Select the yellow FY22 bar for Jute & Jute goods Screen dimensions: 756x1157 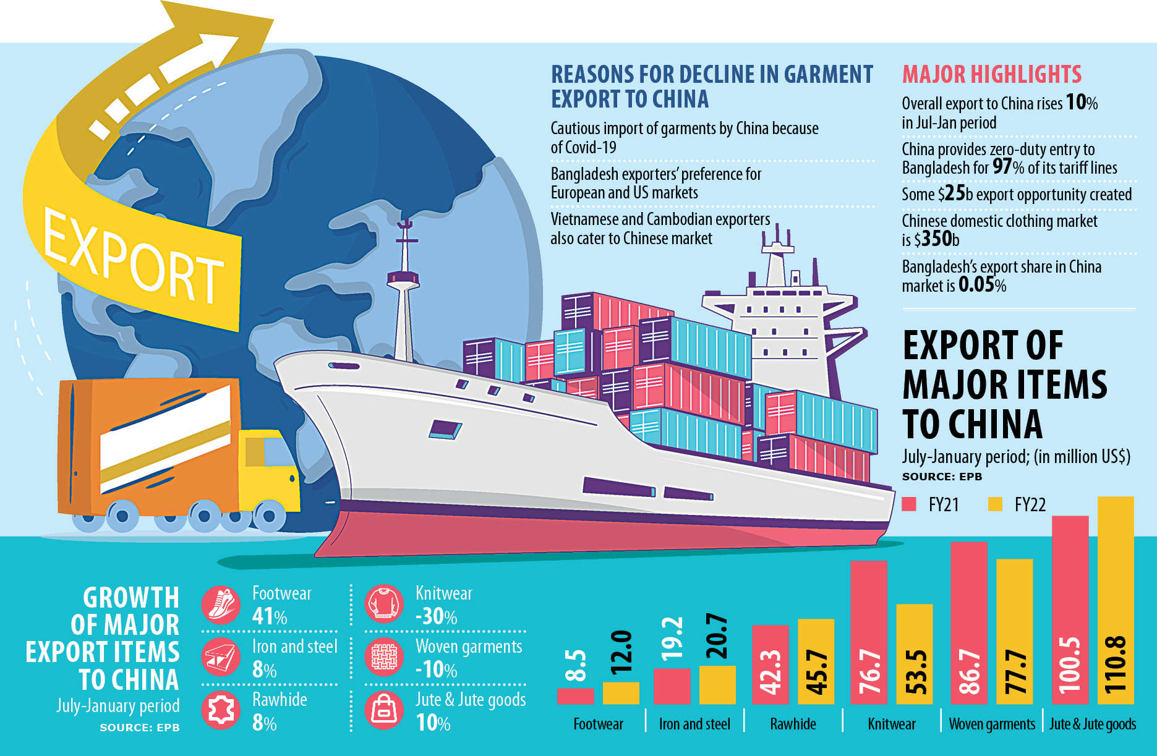[1116, 600]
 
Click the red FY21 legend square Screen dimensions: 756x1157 [908, 504]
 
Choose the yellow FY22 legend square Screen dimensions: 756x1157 [995, 504]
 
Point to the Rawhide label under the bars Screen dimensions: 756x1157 [793, 724]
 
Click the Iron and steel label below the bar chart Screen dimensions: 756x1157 [694, 724]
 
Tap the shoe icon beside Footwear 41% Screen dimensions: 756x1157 [221, 605]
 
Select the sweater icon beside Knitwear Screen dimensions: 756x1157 [383, 603]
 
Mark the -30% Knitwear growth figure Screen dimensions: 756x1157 [436, 616]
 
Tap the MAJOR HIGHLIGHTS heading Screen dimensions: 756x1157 [991, 74]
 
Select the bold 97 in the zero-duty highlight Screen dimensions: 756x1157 [1002, 167]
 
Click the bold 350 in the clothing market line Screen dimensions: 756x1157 [936, 239]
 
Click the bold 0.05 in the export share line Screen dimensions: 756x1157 [976, 285]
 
